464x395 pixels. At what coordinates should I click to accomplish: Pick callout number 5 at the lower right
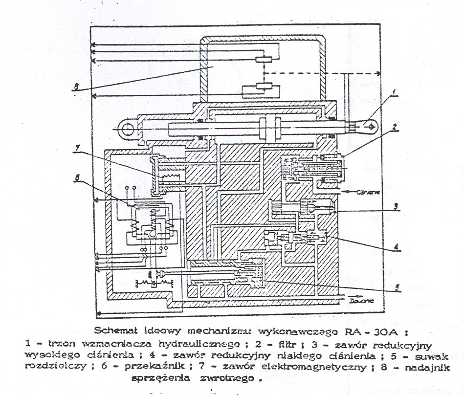(398, 288)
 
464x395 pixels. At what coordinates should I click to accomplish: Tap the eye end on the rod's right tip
(372, 127)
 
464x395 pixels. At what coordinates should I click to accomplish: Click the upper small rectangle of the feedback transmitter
(264, 59)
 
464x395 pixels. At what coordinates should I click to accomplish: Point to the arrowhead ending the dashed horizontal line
(378, 74)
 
